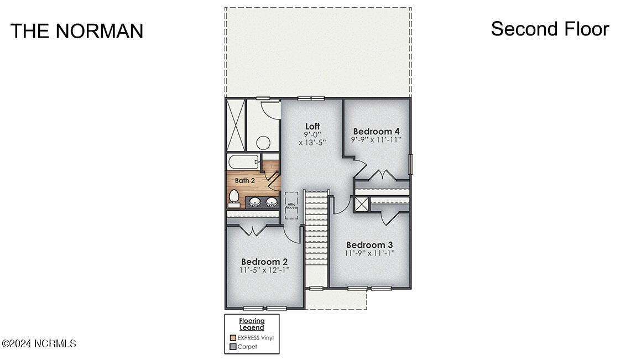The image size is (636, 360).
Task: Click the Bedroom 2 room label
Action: coord(264,262)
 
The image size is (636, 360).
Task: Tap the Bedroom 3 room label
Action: coord(369,245)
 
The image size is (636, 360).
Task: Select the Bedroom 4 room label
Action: coord(376,131)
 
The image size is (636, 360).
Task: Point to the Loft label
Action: coord(312,127)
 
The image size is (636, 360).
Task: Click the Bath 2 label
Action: coord(245,180)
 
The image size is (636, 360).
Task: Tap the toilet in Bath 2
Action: coord(234,197)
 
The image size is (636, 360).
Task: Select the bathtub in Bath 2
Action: coord(243,163)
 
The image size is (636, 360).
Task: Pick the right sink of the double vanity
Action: coord(271,202)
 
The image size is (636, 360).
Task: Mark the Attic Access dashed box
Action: coord(291,205)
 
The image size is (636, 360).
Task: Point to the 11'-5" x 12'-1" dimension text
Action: coord(264,270)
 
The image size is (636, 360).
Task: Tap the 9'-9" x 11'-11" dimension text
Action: coord(376,140)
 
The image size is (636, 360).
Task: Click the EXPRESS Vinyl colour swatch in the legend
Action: coord(233,337)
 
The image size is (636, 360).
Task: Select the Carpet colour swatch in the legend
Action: coord(233,347)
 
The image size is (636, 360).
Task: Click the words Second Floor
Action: coord(550,29)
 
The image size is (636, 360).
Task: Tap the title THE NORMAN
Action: coord(77,31)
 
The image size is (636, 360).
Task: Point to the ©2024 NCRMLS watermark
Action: coord(39,344)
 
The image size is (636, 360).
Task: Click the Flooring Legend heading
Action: coord(252,324)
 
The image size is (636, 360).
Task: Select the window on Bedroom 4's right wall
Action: coord(410,164)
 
